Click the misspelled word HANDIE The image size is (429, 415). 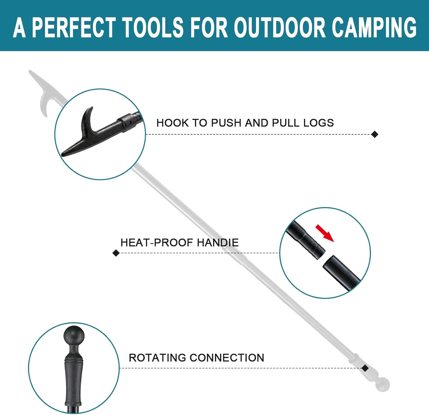click(x=218, y=243)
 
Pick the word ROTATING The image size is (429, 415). click(x=157, y=358)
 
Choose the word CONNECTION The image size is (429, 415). click(x=227, y=358)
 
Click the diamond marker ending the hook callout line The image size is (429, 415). click(x=375, y=134)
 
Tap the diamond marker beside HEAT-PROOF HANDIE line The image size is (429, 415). click(x=116, y=253)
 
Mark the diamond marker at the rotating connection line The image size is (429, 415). click(x=365, y=368)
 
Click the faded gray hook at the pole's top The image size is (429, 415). click(x=41, y=95)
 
